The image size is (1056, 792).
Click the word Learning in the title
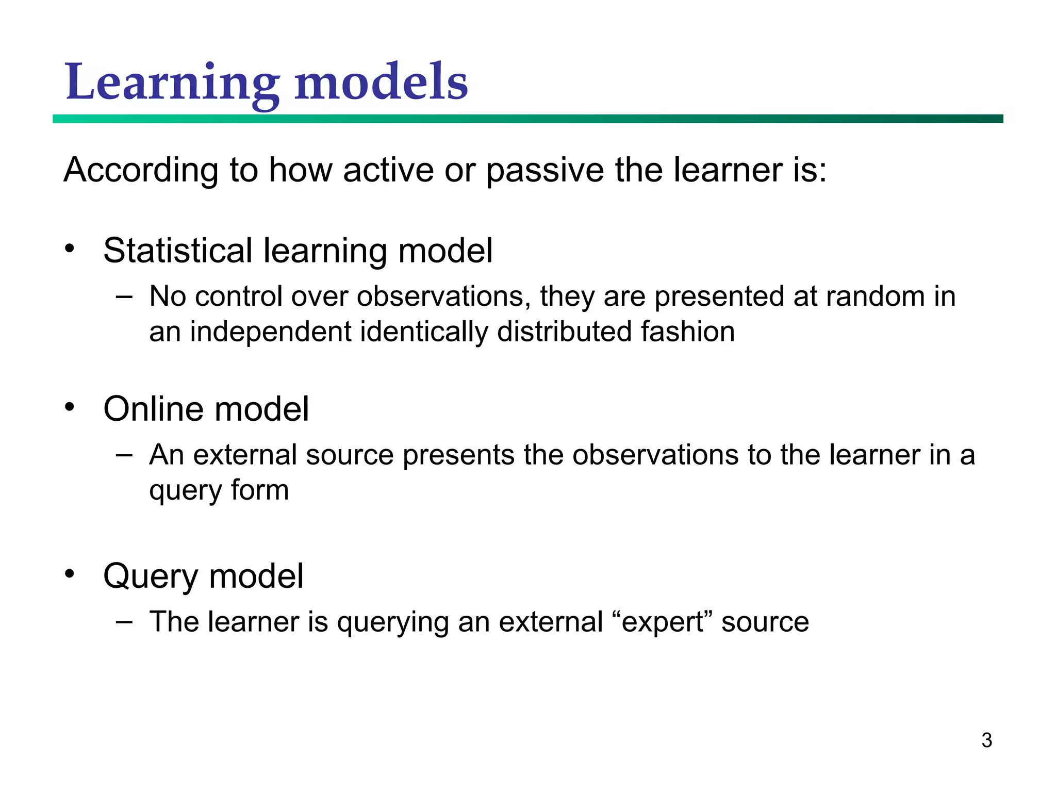[x=172, y=83]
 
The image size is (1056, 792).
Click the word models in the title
[x=381, y=82]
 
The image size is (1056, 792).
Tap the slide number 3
[x=986, y=740]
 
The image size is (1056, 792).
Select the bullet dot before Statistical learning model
[x=70, y=249]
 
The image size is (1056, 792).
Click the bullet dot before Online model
[x=70, y=407]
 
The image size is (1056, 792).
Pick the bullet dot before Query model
[x=70, y=574]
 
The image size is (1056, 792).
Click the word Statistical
[x=178, y=251]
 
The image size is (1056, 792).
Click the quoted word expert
[x=663, y=622]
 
